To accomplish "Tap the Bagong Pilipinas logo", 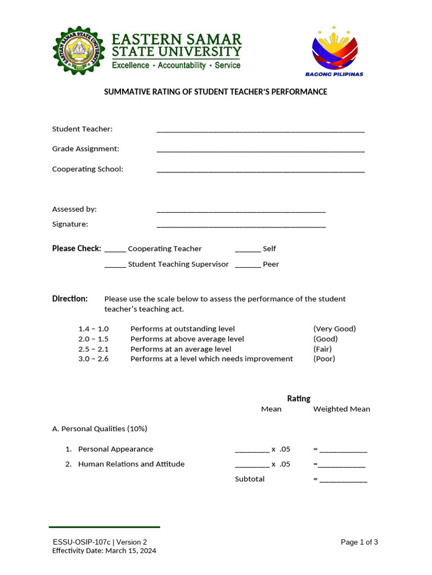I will [x=334, y=52].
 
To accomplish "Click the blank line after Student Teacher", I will [x=260, y=131].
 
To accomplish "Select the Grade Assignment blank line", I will [x=260, y=150].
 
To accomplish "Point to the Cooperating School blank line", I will [x=260, y=171].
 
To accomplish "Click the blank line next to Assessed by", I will [x=241, y=211].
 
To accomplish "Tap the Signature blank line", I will [x=241, y=226].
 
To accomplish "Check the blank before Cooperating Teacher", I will [x=115, y=250].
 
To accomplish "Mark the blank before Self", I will [x=247, y=250].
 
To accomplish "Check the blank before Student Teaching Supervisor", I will [x=115, y=266].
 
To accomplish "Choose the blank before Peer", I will [x=247, y=266].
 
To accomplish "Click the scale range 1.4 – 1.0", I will [x=93, y=329].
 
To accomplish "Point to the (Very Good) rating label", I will [x=335, y=329].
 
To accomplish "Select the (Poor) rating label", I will [x=324, y=359].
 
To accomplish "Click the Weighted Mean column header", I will [x=341, y=409].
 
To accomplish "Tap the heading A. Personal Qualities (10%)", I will [x=100, y=429].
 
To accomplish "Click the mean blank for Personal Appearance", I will [x=252, y=450].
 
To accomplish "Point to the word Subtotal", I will [x=250, y=479].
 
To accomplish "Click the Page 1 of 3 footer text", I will [x=359, y=542].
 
